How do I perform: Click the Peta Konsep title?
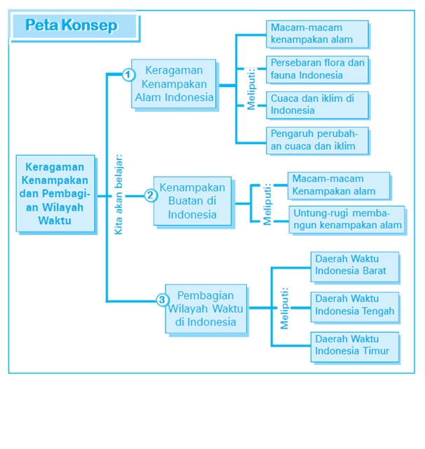pos(71,26)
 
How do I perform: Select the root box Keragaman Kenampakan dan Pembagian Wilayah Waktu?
pos(55,194)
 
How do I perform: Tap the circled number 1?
pos(128,74)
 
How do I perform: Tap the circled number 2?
pos(150,196)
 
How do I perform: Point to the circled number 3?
pos(162,300)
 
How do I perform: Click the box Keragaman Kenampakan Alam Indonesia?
pos(174,84)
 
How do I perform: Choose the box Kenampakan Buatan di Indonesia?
pos(192,201)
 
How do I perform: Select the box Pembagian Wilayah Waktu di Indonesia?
pos(206,308)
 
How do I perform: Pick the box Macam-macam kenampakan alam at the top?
pos(317,34)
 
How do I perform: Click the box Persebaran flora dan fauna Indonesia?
pos(317,69)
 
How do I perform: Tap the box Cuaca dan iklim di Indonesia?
pos(317,105)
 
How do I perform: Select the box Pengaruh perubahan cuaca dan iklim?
pos(317,140)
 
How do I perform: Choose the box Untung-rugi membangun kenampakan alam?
pos(346,219)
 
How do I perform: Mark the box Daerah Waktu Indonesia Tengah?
pos(355,306)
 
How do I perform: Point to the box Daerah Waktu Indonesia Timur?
pos(355,346)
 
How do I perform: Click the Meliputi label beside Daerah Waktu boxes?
pos(285,307)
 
